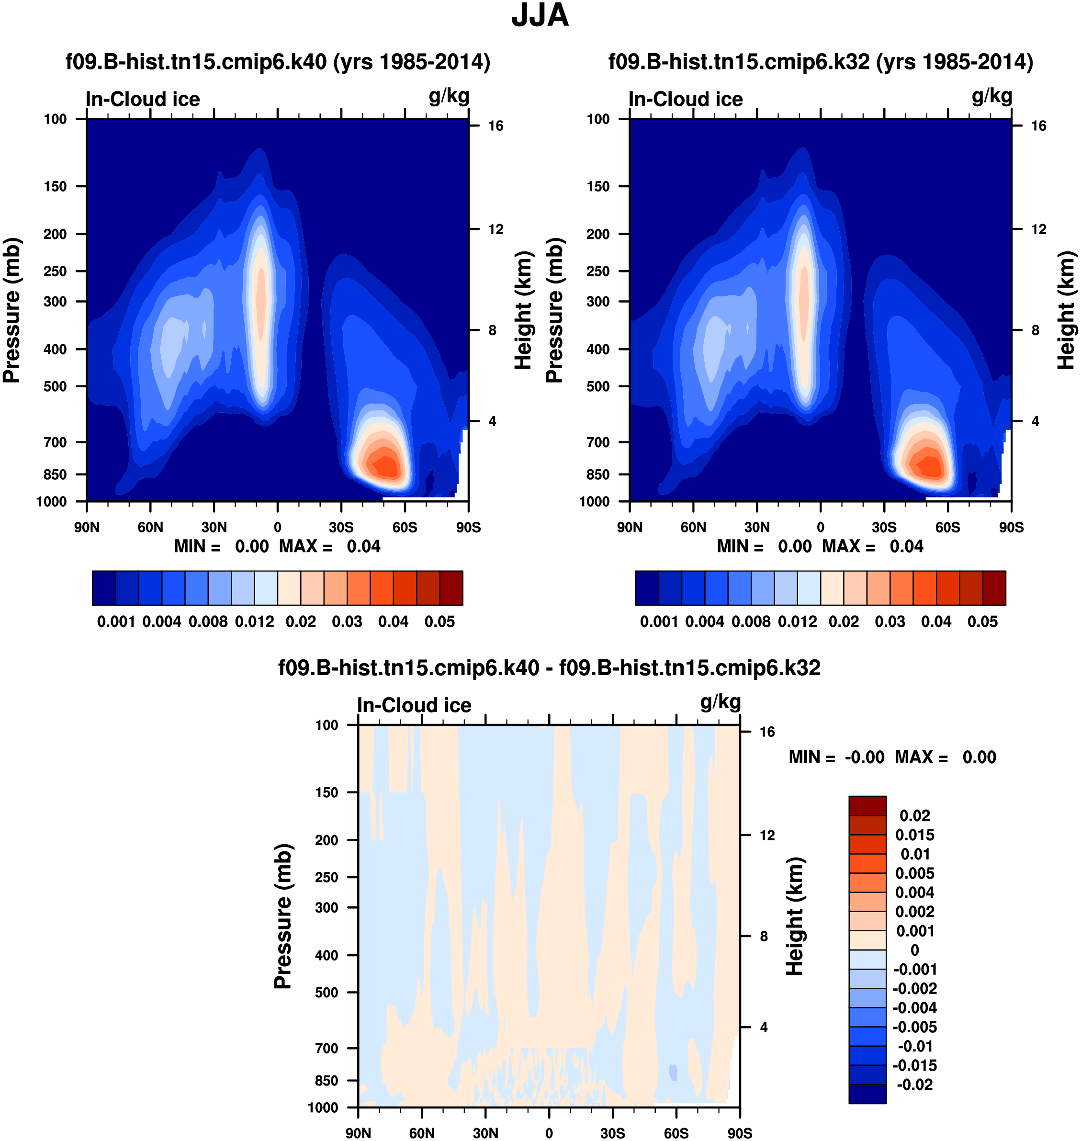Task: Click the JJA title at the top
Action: click(x=540, y=15)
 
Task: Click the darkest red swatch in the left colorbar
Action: click(x=451, y=588)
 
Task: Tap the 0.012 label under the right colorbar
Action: click(x=797, y=622)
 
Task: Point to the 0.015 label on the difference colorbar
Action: click(x=914, y=835)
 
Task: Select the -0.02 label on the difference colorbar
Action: click(x=914, y=1085)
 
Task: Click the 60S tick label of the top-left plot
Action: click(x=405, y=527)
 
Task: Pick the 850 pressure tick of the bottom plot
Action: click(x=326, y=1081)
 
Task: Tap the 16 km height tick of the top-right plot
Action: click(x=1038, y=125)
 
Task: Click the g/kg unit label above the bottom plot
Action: click(x=721, y=702)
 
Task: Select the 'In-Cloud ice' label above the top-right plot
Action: click(x=686, y=99)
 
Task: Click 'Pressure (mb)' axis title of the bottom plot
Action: click(x=283, y=916)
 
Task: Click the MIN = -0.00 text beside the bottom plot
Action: click(x=836, y=757)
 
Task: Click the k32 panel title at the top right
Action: click(x=821, y=62)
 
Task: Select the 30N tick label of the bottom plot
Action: click(x=485, y=1133)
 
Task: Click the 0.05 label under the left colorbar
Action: click(x=439, y=622)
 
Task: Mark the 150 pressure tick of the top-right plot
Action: click(x=597, y=186)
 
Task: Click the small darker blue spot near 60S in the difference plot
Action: click(x=673, y=1073)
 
